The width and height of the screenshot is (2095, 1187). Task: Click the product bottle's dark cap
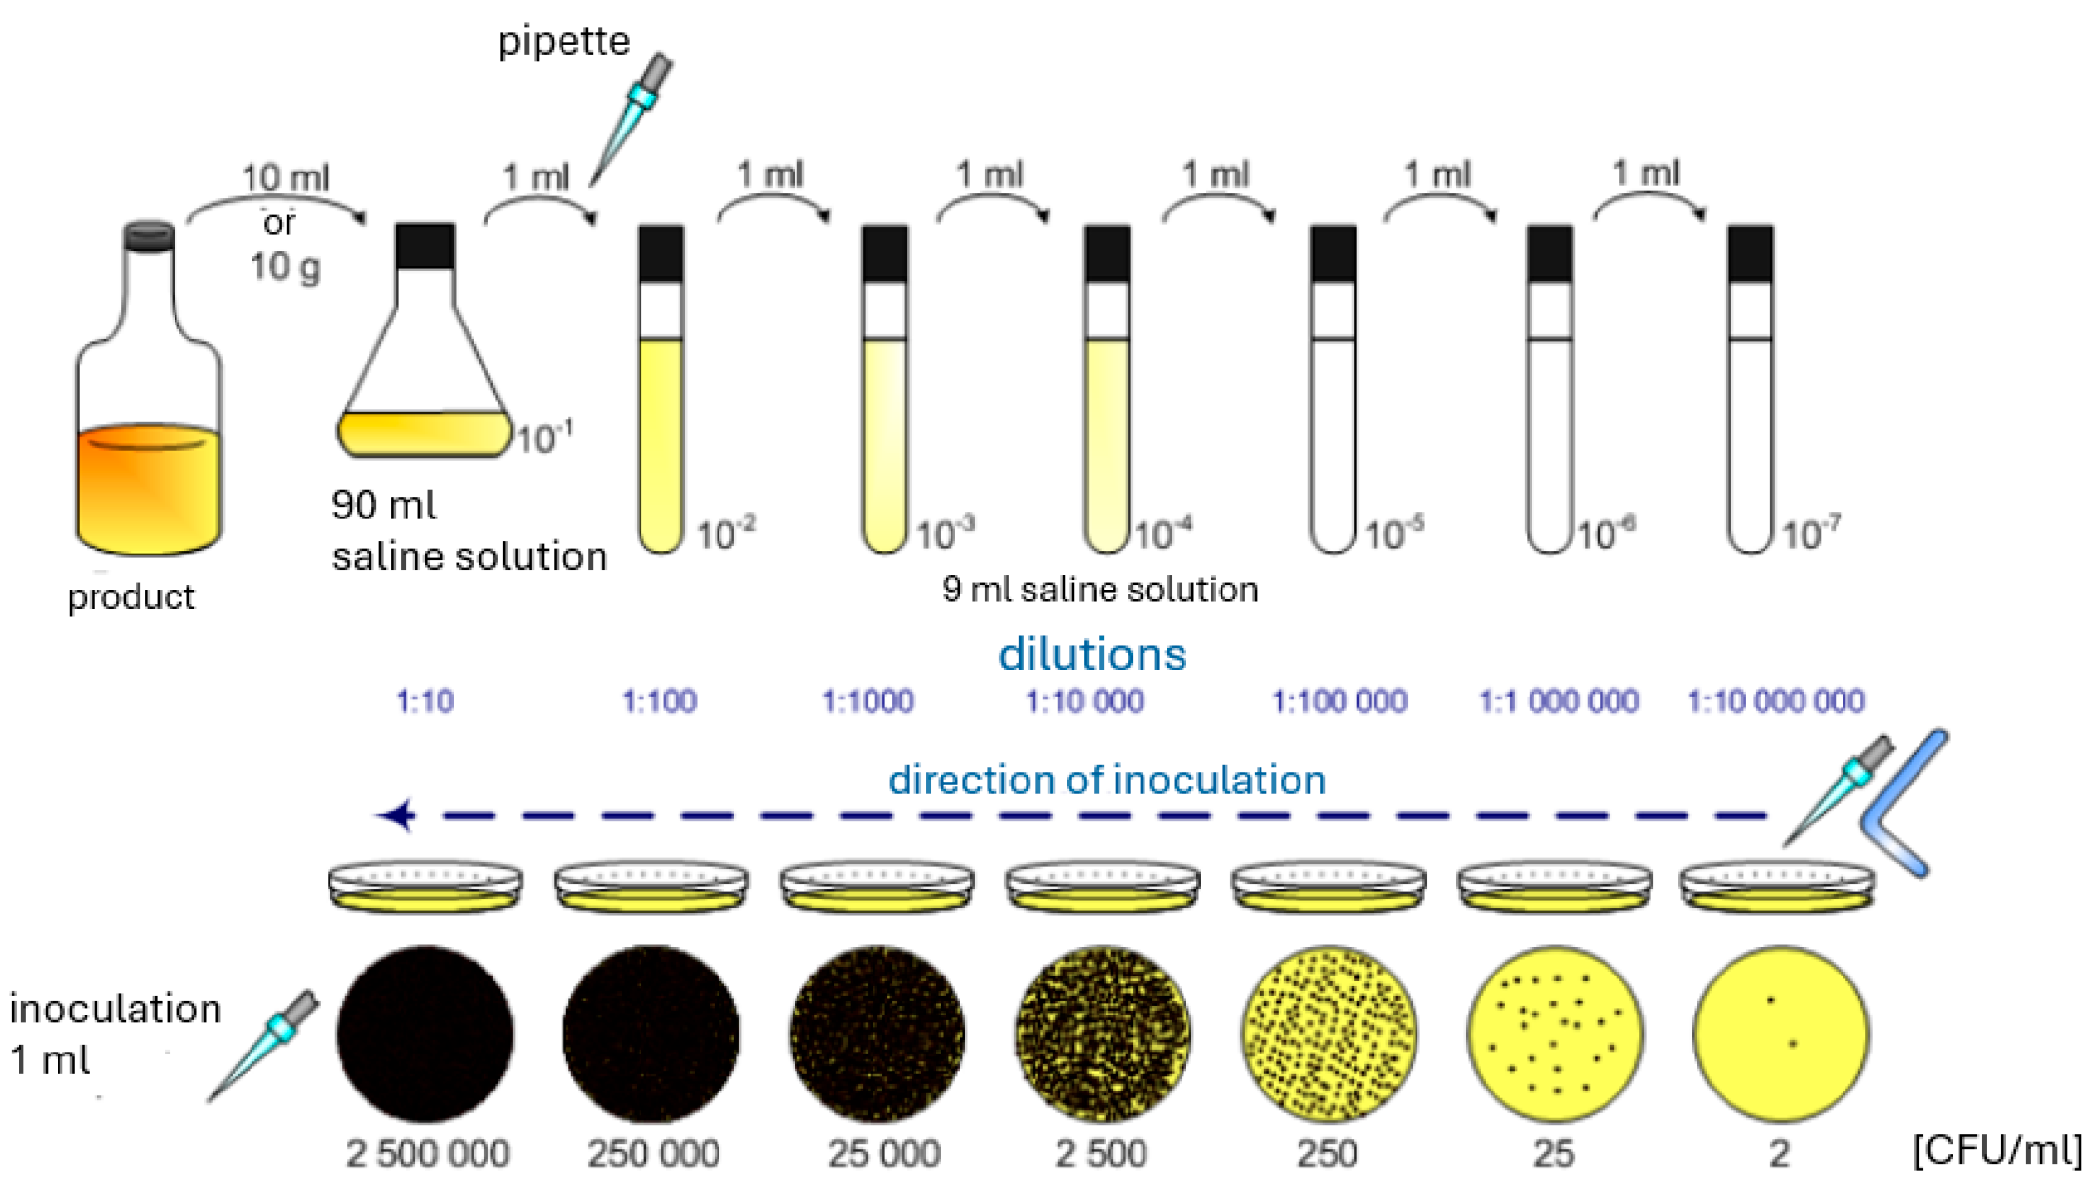(149, 237)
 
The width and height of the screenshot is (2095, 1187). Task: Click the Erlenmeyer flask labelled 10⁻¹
(425, 370)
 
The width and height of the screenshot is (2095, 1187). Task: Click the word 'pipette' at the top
(563, 41)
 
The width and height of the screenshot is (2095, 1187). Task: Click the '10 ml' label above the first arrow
(286, 178)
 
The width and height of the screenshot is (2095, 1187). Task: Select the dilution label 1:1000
(868, 702)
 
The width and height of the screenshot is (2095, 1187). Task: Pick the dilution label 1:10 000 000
(1775, 702)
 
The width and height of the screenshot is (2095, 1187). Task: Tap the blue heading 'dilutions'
(1092, 655)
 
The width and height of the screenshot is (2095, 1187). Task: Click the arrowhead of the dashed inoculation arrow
(398, 815)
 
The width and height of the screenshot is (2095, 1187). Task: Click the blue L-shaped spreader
(1901, 804)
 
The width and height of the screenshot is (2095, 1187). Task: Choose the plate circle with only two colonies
(1780, 1033)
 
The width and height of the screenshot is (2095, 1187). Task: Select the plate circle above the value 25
(1555, 1033)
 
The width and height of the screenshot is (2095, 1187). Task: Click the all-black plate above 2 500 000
(425, 1033)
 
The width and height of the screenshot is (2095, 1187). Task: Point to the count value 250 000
(652, 1154)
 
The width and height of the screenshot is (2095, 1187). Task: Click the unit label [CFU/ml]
(1998, 1150)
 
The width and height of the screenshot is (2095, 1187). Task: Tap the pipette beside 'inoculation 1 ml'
(263, 1046)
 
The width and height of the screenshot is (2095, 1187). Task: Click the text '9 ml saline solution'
(1100, 590)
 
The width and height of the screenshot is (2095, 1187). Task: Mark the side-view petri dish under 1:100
(651, 887)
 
